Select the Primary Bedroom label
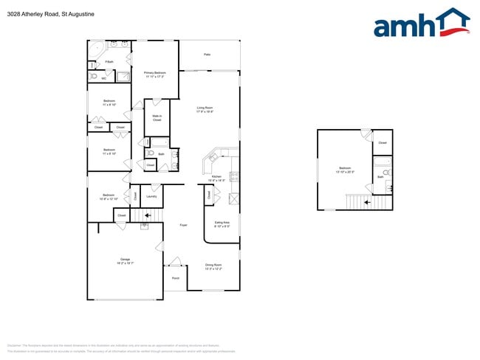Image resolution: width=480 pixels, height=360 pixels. pos(155,74)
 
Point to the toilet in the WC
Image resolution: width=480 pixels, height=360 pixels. pos(94,75)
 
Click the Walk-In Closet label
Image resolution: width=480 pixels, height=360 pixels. pos(157,118)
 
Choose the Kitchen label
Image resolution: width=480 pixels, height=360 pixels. pos(216,178)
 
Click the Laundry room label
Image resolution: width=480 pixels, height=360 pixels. pos(151,196)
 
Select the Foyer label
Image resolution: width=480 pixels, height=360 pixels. pos(183,225)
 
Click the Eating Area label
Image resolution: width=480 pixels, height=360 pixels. pos(222,224)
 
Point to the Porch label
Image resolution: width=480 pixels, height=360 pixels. pos(176,278)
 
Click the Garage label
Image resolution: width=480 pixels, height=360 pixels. pos(125,260)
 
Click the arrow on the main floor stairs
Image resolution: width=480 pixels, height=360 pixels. pos(148,215)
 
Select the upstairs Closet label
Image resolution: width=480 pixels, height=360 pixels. pos(383,142)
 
